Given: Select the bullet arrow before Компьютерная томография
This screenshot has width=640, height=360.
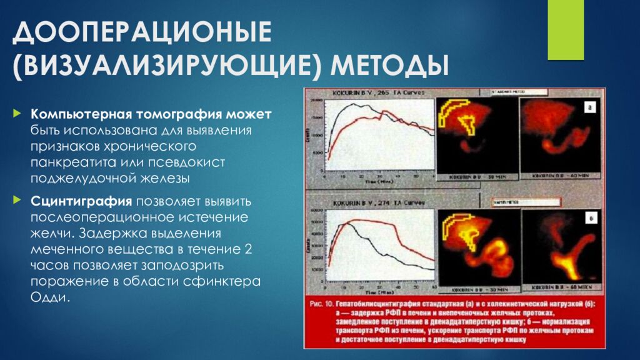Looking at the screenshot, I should click(x=17, y=116).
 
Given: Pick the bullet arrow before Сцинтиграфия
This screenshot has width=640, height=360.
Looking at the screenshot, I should click(x=17, y=202).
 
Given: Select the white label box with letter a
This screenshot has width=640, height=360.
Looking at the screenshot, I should click(x=589, y=107).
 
